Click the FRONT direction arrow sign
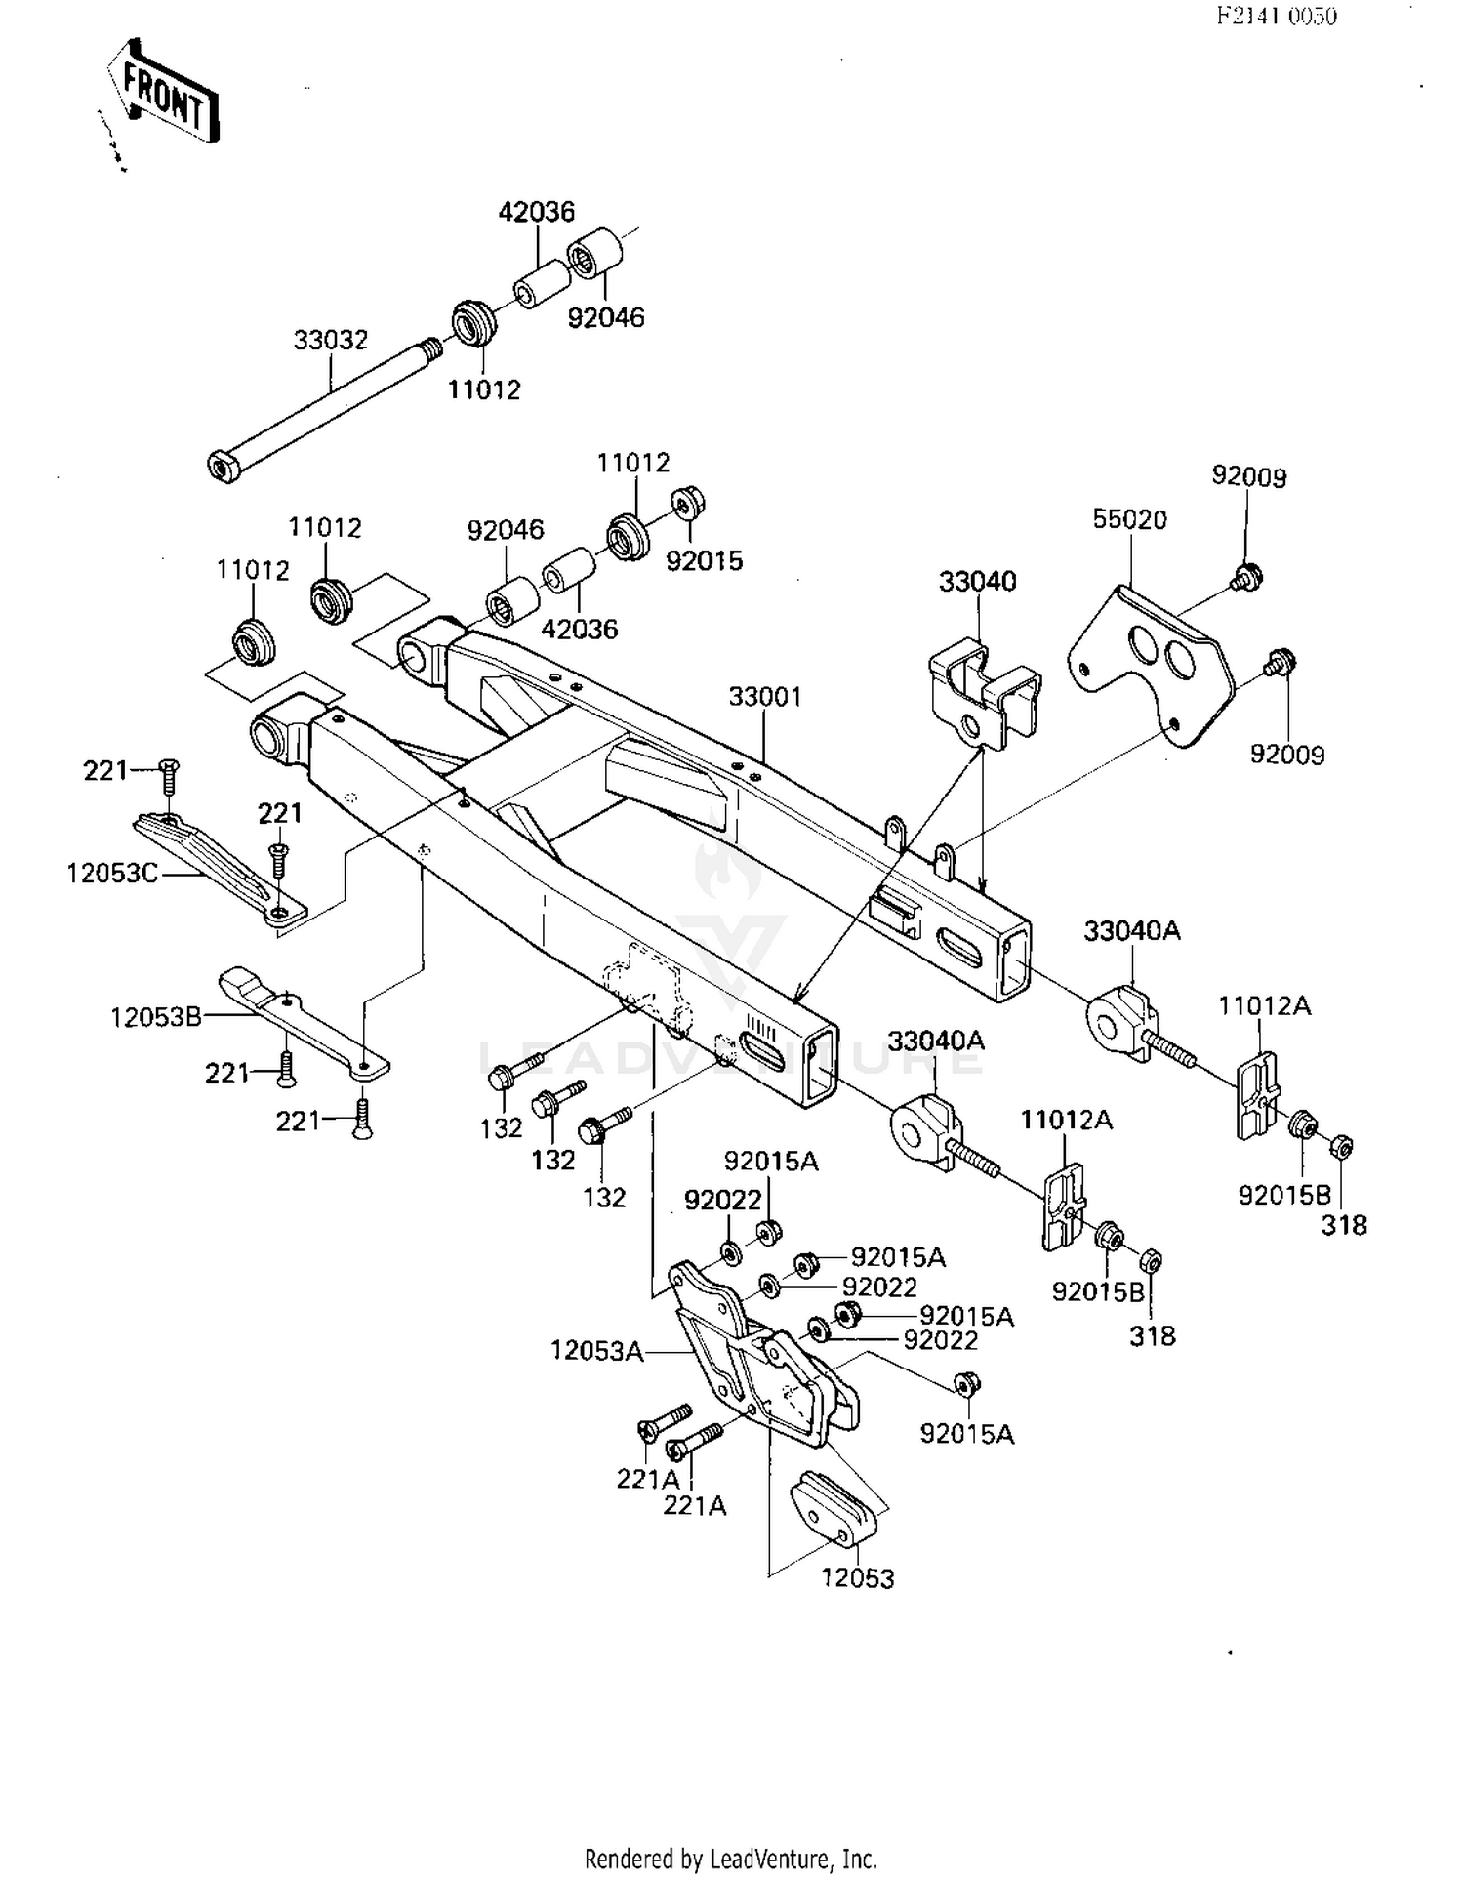click(163, 94)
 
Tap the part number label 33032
click(331, 340)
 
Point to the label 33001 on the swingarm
click(765, 696)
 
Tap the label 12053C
click(111, 873)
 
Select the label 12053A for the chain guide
click(596, 1351)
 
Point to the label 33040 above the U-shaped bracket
click(977, 581)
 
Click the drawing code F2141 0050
click(1276, 16)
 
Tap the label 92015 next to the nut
click(704, 560)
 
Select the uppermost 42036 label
click(536, 211)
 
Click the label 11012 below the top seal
click(484, 389)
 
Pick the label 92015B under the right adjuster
click(1284, 1194)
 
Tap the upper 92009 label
click(1248, 476)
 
